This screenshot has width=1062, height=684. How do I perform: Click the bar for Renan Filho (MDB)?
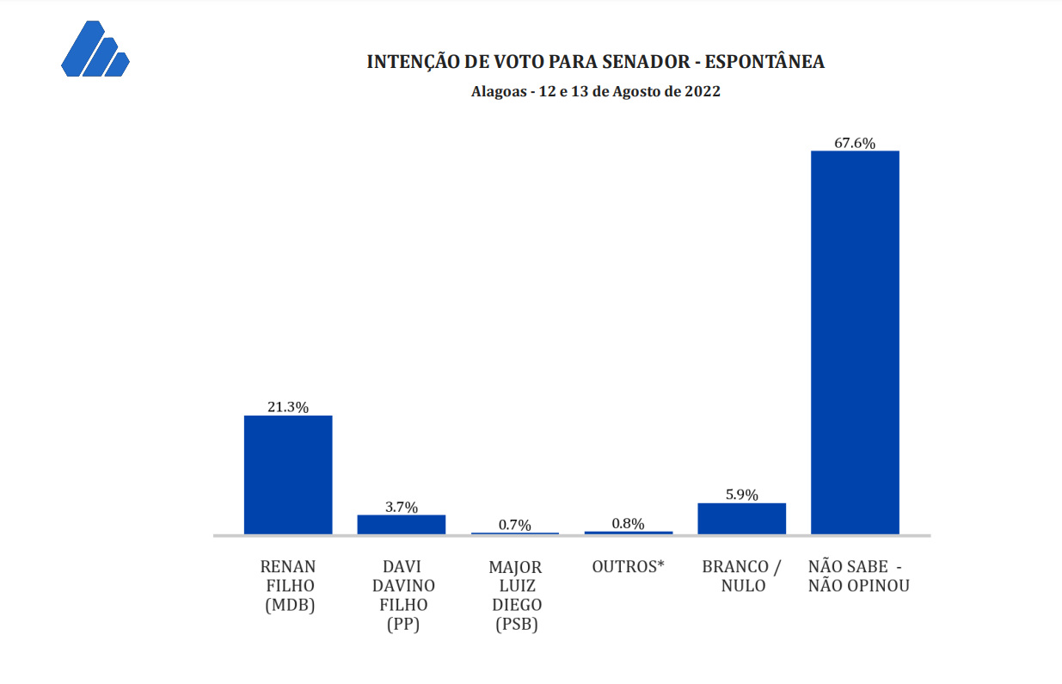pos(288,475)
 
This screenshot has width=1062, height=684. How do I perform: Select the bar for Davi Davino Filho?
pos(402,525)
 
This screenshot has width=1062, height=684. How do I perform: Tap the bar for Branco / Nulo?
pos(741,519)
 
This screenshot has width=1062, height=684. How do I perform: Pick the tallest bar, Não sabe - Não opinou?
pos(855,342)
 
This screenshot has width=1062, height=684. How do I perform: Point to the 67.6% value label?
pos(855,143)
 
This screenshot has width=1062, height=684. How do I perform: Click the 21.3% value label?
pos(288,408)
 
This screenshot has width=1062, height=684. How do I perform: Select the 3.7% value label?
pos(402,507)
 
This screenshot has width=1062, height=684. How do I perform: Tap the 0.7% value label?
pos(515,525)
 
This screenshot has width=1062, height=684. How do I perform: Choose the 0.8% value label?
pos(629,523)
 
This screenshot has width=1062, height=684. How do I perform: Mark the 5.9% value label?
pos(741,495)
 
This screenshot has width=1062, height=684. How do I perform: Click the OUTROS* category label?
pos(629,567)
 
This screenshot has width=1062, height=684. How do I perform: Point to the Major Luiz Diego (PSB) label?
pos(516,596)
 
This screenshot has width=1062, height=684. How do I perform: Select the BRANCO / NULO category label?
pos(741,576)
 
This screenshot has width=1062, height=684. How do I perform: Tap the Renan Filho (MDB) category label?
pos(288,586)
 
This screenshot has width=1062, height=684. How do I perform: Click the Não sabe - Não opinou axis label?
pos(858,576)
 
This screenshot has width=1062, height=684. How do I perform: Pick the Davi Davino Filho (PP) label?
pos(402,596)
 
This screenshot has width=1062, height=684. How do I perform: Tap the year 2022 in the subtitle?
pos(703,91)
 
